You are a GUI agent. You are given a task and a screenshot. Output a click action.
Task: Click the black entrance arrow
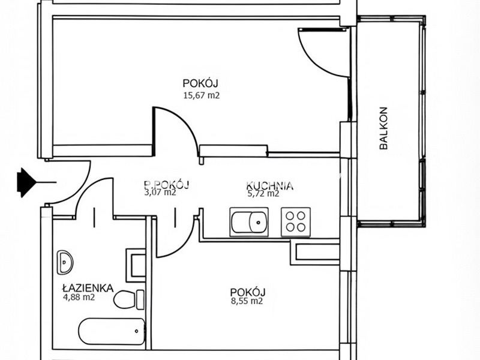coord(28,182)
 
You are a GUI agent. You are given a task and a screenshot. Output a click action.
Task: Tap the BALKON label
coord(383,128)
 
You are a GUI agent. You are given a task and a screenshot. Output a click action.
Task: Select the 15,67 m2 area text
coord(202,95)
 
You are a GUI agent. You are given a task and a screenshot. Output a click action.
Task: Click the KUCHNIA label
coord(269,185)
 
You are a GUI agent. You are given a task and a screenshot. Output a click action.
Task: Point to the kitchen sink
coord(249,222)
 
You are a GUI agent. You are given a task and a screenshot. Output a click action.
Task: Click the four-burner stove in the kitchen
coord(296,222)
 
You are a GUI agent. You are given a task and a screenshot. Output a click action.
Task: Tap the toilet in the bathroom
coord(128,299)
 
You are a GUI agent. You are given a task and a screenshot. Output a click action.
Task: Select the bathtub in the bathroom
coord(112,332)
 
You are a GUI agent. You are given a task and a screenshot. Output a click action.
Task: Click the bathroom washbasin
coord(65,262)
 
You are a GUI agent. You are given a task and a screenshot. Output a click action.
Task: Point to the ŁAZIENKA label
coord(88,288)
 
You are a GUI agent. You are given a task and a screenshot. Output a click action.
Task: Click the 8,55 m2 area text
coord(247,301)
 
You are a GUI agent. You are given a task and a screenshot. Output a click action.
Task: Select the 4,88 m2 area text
coord(79,297)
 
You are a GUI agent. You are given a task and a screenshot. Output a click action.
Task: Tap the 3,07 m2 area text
coord(160,192)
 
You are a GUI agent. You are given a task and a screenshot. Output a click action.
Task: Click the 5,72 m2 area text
coord(263,193)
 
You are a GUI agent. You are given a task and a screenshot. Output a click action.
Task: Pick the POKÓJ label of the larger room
coord(200,83)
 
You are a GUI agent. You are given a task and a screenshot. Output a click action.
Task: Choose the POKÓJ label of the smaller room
coord(248,292)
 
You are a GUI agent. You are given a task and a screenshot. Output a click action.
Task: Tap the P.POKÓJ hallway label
coord(167,184)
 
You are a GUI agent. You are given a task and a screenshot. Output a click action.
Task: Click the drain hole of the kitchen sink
coord(259,222)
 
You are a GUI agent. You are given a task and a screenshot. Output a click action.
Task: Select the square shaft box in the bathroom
coord(136,265)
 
